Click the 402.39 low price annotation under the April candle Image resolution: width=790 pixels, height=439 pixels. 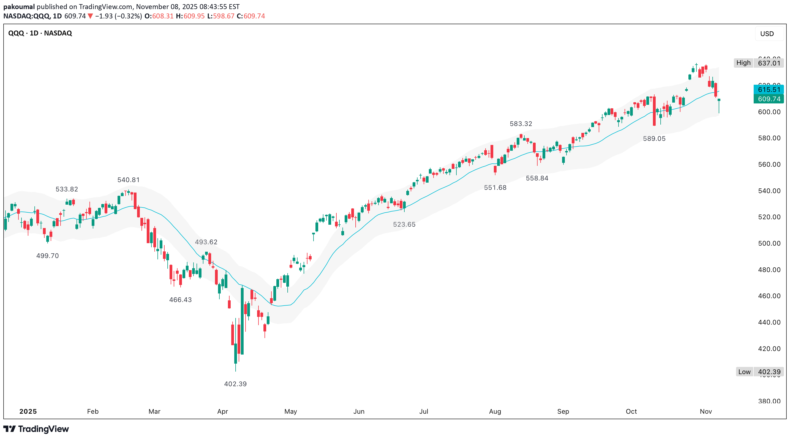[235, 384]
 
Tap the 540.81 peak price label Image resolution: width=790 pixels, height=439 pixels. [129, 180]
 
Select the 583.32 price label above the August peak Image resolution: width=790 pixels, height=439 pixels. [521, 124]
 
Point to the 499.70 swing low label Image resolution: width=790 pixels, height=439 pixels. [48, 256]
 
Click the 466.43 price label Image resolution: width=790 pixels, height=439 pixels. [180, 300]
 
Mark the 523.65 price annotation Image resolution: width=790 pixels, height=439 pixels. [404, 224]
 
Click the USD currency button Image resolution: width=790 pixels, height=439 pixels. [767, 34]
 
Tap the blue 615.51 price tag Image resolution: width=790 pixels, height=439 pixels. [769, 89]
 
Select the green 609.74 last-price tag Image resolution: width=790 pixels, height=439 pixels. [769, 99]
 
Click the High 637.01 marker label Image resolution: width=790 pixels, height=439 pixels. [758, 63]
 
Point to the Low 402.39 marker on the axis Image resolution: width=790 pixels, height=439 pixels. [760, 372]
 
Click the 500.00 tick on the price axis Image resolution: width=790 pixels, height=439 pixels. [769, 243]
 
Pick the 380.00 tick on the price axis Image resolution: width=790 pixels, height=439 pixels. [769, 401]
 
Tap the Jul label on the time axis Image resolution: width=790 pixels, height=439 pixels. [424, 411]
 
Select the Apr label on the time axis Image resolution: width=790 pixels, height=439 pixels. [222, 411]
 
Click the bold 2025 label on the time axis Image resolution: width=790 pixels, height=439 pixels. [28, 411]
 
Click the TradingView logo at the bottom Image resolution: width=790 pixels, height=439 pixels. [36, 429]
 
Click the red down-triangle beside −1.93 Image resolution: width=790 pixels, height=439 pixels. [91, 16]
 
